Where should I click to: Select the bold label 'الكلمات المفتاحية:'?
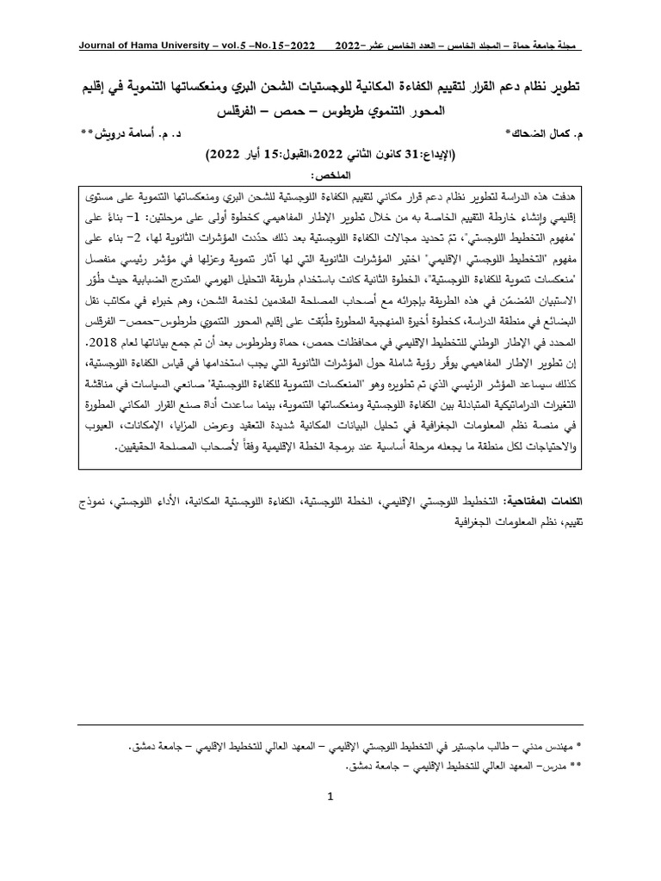[550, 498]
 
